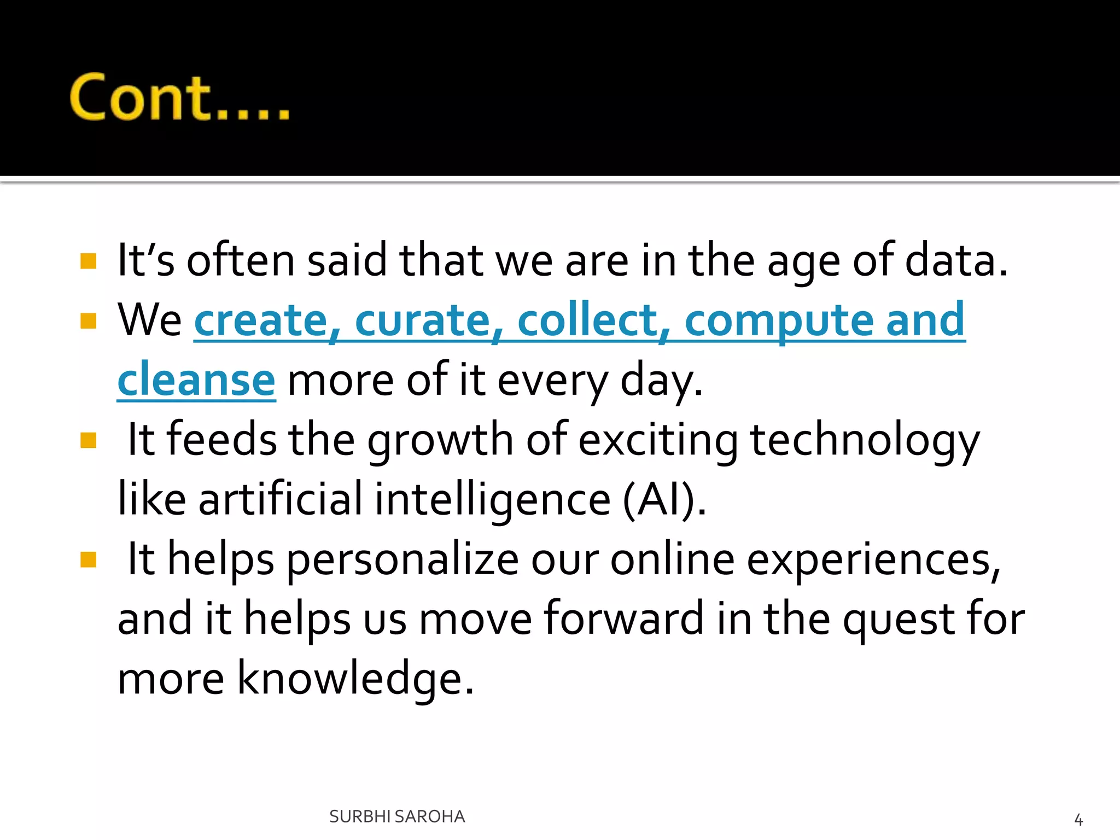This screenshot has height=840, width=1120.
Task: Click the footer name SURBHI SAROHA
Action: coord(397,816)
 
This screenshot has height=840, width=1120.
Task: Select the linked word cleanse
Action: coord(196,380)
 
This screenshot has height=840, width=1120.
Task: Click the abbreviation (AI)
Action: coord(663,499)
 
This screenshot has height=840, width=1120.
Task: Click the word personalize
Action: coord(402,560)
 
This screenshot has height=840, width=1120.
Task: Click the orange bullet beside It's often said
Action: coord(88,261)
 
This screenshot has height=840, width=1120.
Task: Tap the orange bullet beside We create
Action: coord(88,320)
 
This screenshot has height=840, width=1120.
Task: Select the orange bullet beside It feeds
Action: coord(88,440)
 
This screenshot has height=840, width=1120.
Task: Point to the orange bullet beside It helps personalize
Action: coord(88,559)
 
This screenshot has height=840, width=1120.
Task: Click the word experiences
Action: coord(873,560)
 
